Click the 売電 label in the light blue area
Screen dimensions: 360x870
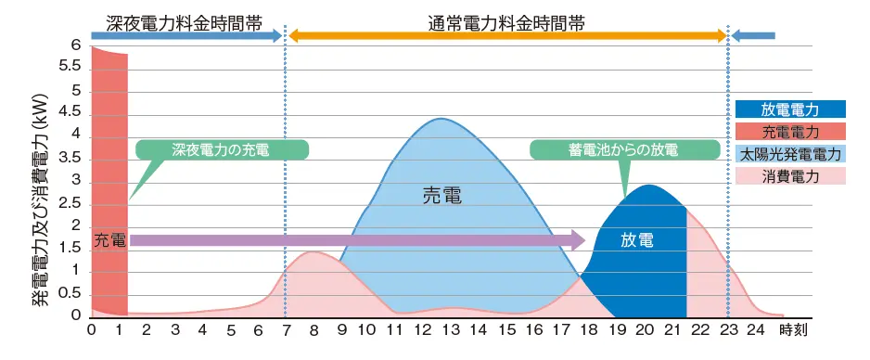coord(441,196)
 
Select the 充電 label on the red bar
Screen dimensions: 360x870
coord(109,240)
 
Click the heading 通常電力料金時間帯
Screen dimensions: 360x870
coord(506,23)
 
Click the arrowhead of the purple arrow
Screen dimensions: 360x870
coord(579,240)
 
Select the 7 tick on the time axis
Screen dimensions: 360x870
coord(285,329)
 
